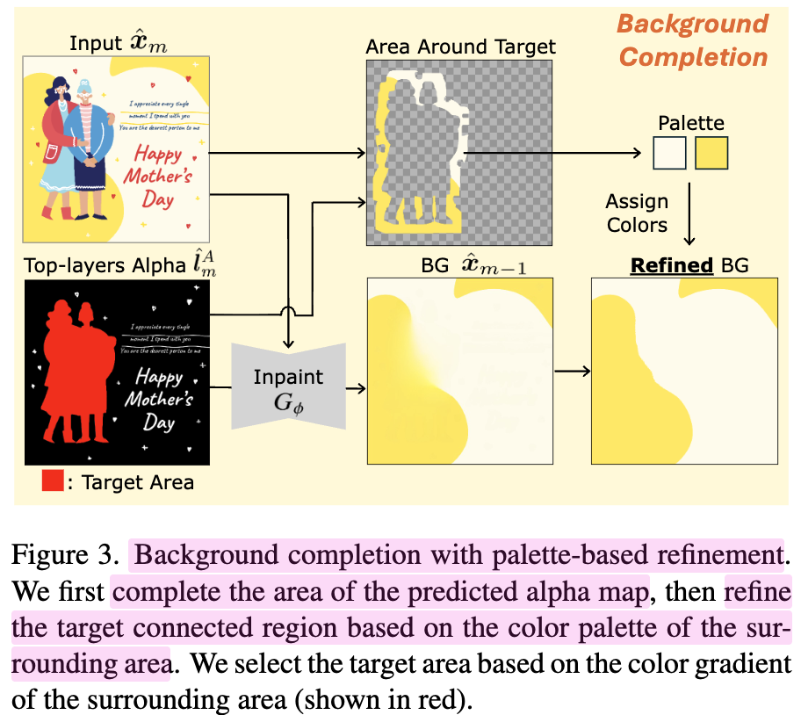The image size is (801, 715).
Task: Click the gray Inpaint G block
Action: tap(289, 386)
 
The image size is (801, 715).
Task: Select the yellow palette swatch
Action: tap(711, 154)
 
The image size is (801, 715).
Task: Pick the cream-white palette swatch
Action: tap(668, 154)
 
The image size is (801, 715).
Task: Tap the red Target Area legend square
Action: tap(53, 481)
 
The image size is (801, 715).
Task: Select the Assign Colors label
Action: tap(637, 213)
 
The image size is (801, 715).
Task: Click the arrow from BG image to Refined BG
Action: tap(572, 371)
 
